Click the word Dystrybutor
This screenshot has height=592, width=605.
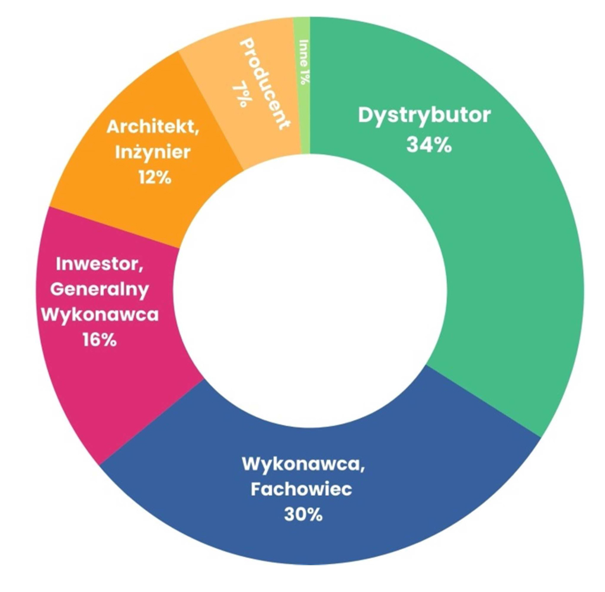(424, 115)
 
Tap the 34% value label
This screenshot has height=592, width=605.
(428, 144)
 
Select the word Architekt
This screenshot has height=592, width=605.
(148, 127)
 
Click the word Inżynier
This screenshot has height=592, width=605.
(153, 152)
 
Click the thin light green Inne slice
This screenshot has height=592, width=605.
(304, 119)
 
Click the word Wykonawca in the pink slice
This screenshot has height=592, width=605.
(99, 315)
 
